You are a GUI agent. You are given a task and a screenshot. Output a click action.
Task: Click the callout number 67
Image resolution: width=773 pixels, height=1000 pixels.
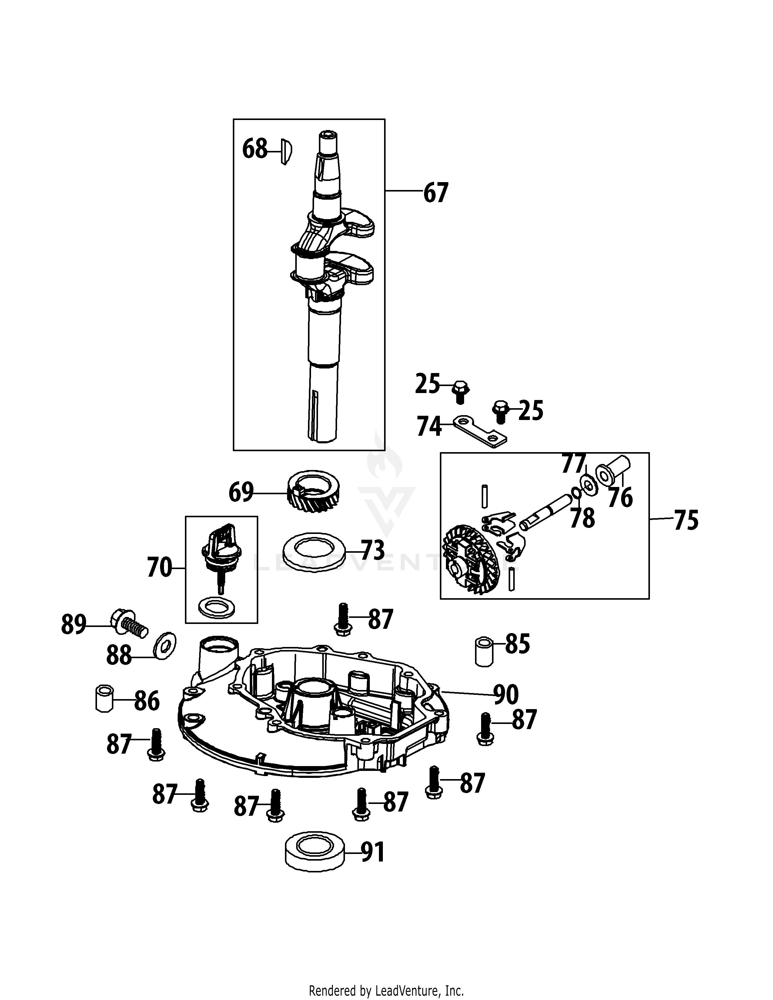[x=436, y=193]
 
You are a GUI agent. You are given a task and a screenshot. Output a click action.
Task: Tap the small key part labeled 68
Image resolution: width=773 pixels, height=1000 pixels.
[x=286, y=152]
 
